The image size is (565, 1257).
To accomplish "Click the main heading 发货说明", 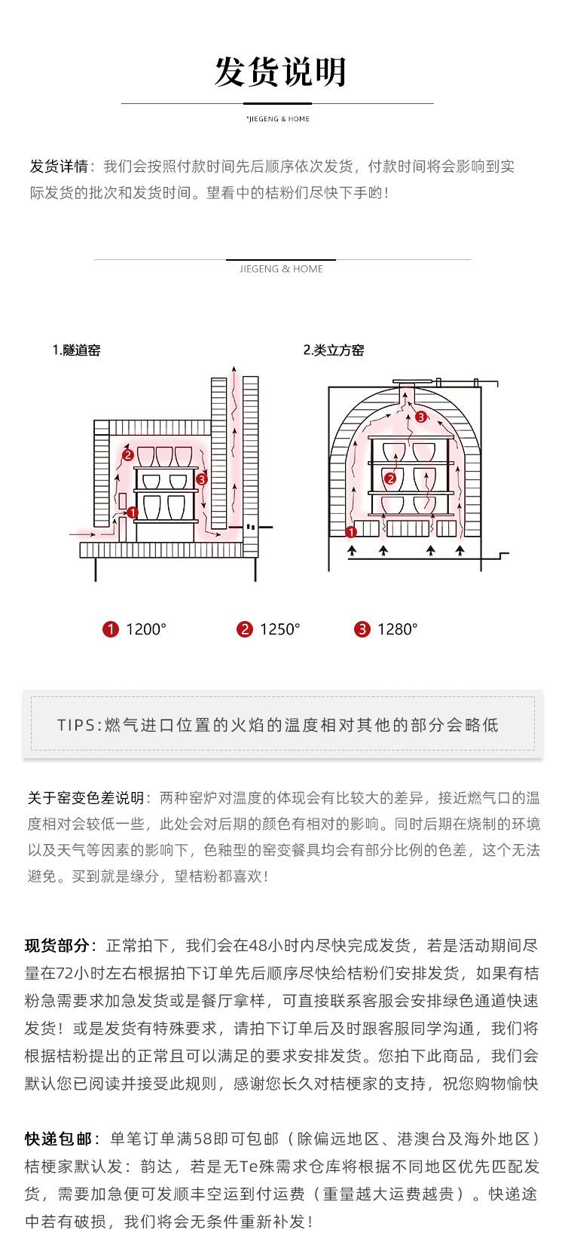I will tap(280, 73).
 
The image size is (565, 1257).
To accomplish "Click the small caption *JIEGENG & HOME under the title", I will tap(278, 119).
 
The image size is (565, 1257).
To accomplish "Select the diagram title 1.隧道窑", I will tap(76, 350).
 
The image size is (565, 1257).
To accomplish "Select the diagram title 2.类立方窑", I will tap(334, 350).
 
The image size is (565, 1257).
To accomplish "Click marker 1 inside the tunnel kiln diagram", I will tap(133, 512).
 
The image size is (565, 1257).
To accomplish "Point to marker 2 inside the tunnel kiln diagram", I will tap(128, 455).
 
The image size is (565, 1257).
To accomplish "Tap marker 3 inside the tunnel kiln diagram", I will tap(201, 479).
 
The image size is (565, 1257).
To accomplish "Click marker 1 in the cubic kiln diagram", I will tap(350, 532).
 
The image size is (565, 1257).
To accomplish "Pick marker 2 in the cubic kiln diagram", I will tap(390, 478).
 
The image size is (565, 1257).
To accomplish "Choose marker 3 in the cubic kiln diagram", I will tap(421, 416).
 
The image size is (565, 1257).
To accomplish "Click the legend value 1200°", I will tap(146, 629).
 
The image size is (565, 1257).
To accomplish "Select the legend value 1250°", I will tap(280, 629).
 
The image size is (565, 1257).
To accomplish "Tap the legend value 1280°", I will tap(398, 629).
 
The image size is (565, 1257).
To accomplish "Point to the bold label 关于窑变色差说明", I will tap(85, 798).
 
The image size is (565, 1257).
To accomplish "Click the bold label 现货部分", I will tap(57, 946).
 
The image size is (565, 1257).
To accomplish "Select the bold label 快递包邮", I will tap(58, 1139).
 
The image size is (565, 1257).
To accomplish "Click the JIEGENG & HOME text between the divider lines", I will tap(281, 269).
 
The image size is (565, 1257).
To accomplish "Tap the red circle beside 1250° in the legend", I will tap(245, 629).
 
